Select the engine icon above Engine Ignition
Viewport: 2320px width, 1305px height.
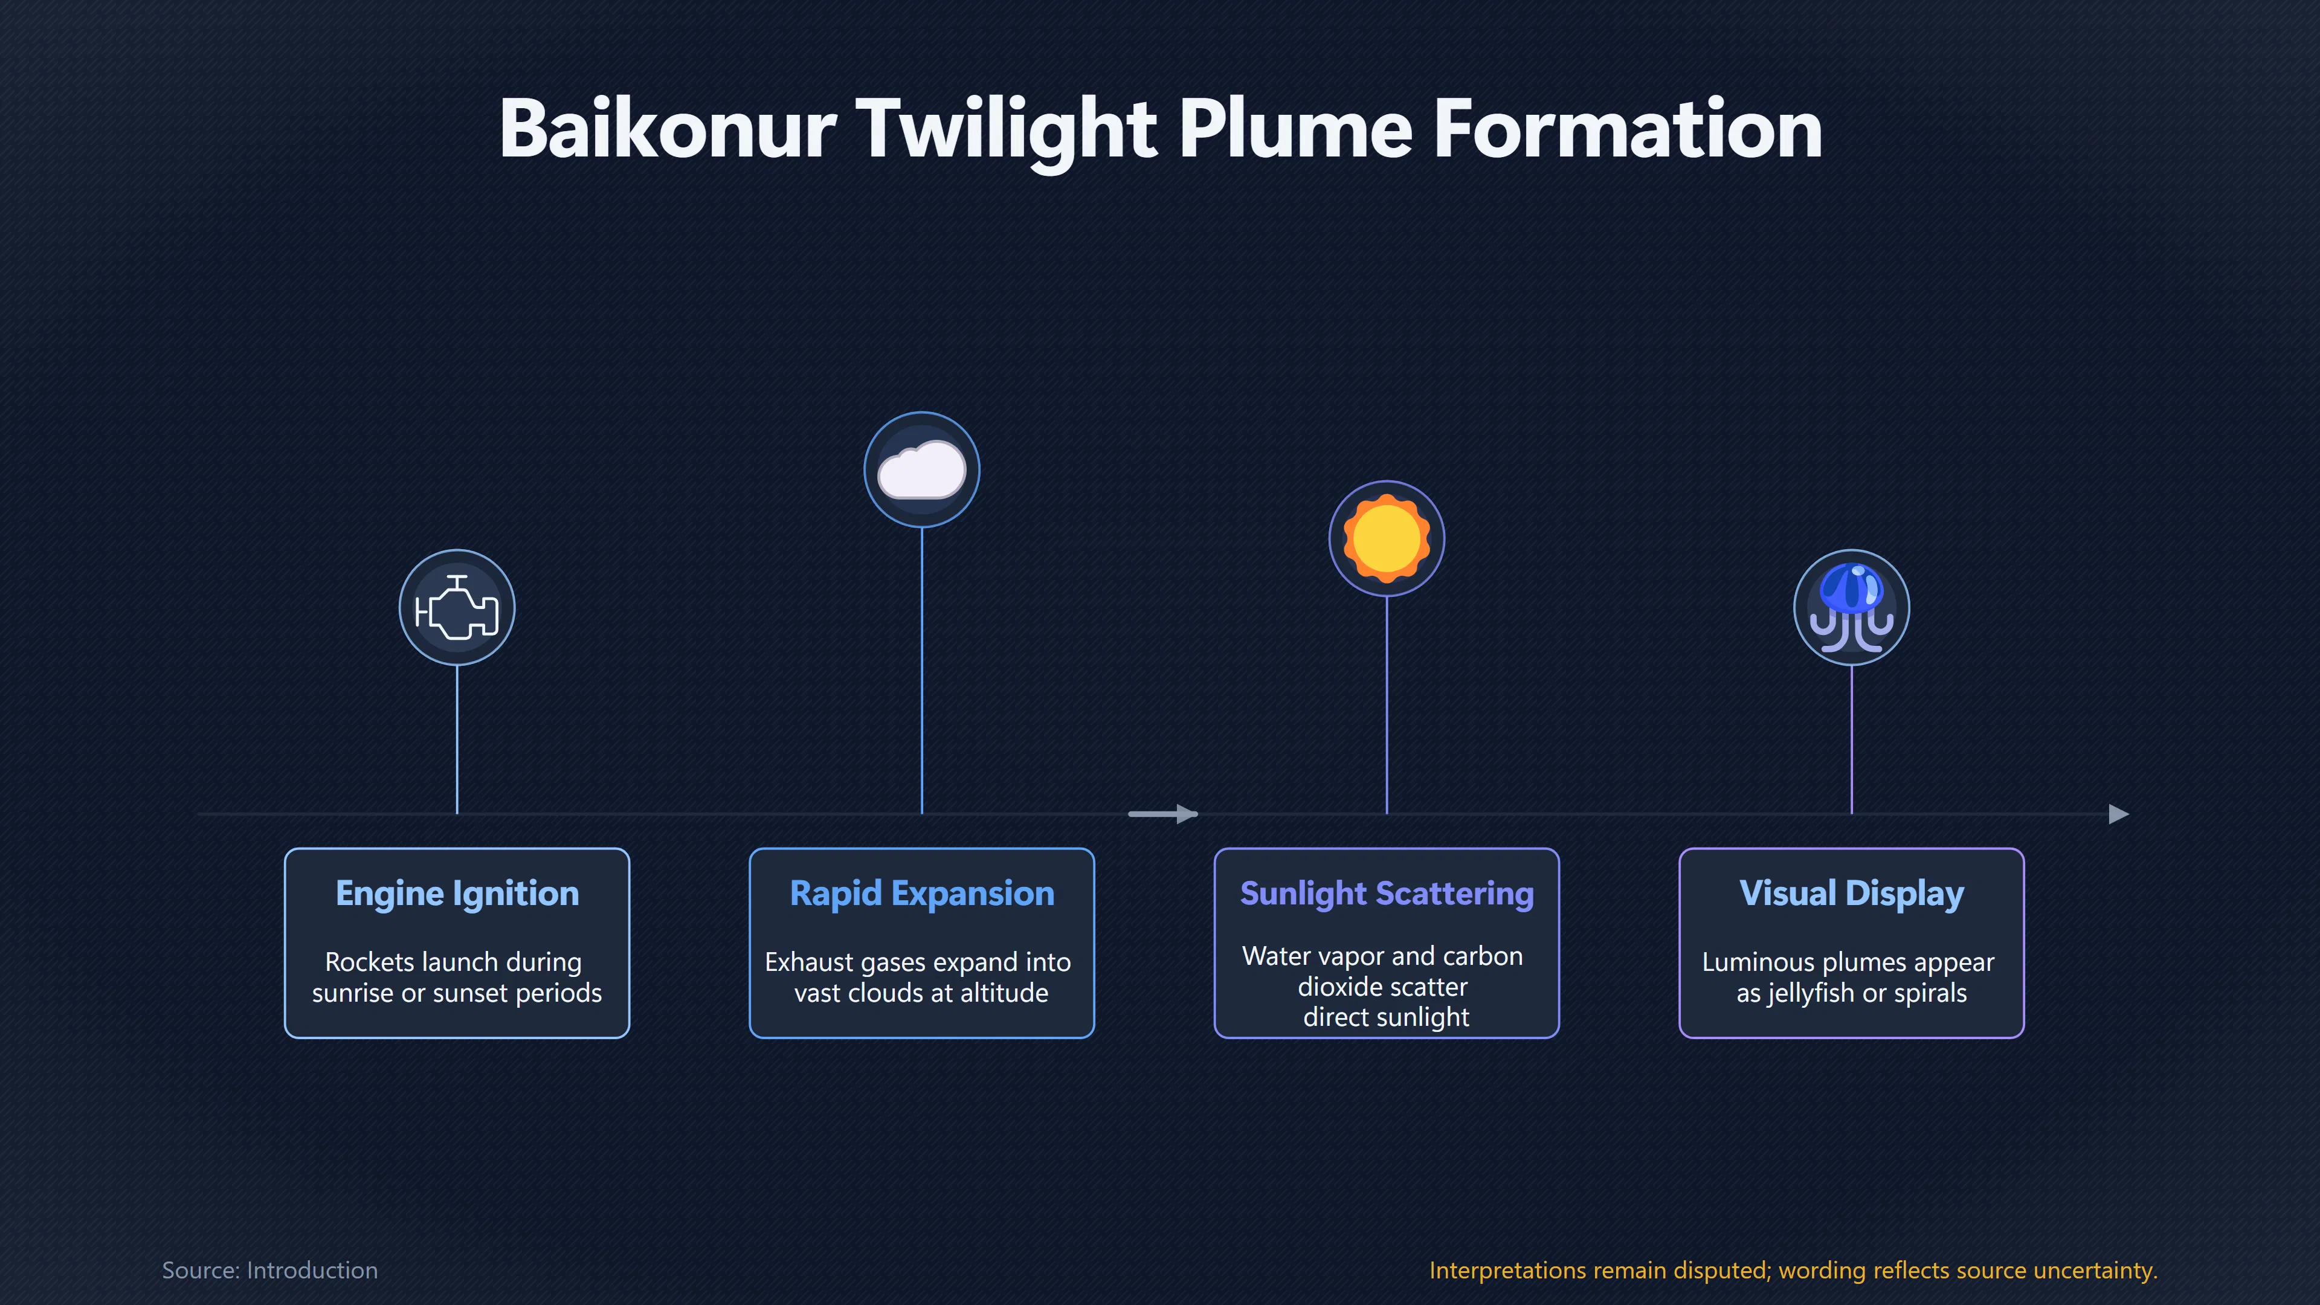coord(457,608)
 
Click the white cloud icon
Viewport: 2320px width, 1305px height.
coord(921,469)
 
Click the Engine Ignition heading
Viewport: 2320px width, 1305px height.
coord(457,894)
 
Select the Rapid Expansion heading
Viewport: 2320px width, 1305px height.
coord(922,894)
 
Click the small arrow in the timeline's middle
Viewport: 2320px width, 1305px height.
coord(1162,814)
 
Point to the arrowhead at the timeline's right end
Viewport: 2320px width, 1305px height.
coord(2119,814)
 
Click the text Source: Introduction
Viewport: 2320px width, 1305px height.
coord(270,1270)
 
